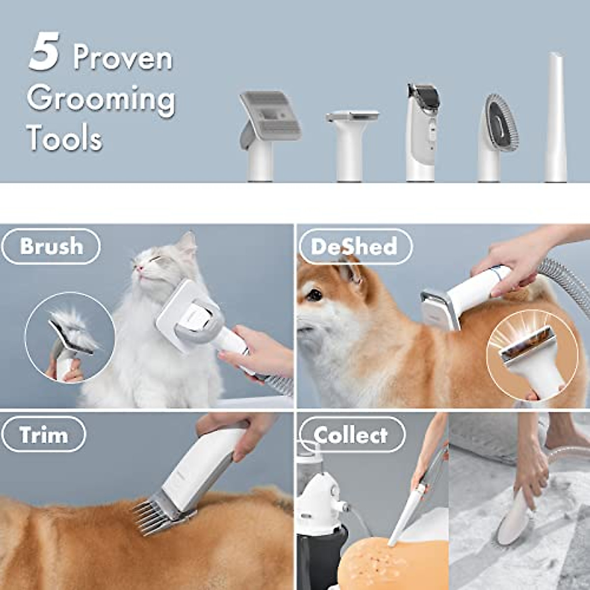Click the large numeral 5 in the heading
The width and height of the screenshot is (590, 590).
[44, 53]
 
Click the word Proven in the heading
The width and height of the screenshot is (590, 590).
[123, 58]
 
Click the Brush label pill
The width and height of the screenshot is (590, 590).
[51, 246]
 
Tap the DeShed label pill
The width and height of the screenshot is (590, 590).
[354, 246]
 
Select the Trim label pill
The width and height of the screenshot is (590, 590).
[44, 435]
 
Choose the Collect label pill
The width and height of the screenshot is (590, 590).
[351, 435]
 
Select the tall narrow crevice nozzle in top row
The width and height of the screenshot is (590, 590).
[556, 118]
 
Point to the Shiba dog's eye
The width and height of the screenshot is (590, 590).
[314, 295]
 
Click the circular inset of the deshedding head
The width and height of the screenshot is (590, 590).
[526, 356]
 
